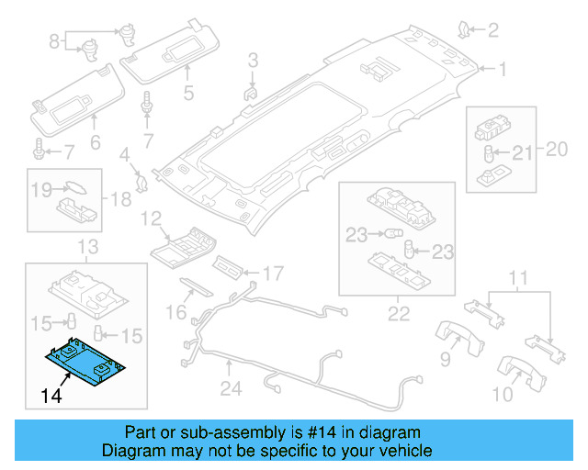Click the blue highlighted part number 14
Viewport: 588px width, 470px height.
(x=85, y=363)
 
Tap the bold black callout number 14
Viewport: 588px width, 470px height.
(x=51, y=397)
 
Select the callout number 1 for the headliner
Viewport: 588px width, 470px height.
(x=503, y=69)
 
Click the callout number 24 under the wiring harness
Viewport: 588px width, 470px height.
(x=231, y=388)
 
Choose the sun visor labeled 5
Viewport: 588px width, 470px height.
(x=170, y=51)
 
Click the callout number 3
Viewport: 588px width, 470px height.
(x=254, y=60)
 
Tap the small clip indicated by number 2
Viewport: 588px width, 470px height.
(x=463, y=30)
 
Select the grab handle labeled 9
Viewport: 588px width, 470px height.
(x=459, y=338)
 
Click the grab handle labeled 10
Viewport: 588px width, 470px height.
(x=521, y=373)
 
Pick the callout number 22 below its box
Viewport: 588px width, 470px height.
(x=399, y=314)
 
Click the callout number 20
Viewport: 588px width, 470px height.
(x=557, y=150)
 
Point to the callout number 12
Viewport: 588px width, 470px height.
(x=151, y=218)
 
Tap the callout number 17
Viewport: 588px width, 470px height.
(x=273, y=274)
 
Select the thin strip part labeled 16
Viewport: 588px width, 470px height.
(x=196, y=287)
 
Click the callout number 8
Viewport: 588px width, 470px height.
(x=54, y=41)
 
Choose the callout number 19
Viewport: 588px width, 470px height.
(x=41, y=190)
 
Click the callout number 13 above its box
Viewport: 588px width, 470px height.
(x=88, y=247)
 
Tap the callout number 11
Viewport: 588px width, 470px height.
(x=518, y=278)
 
